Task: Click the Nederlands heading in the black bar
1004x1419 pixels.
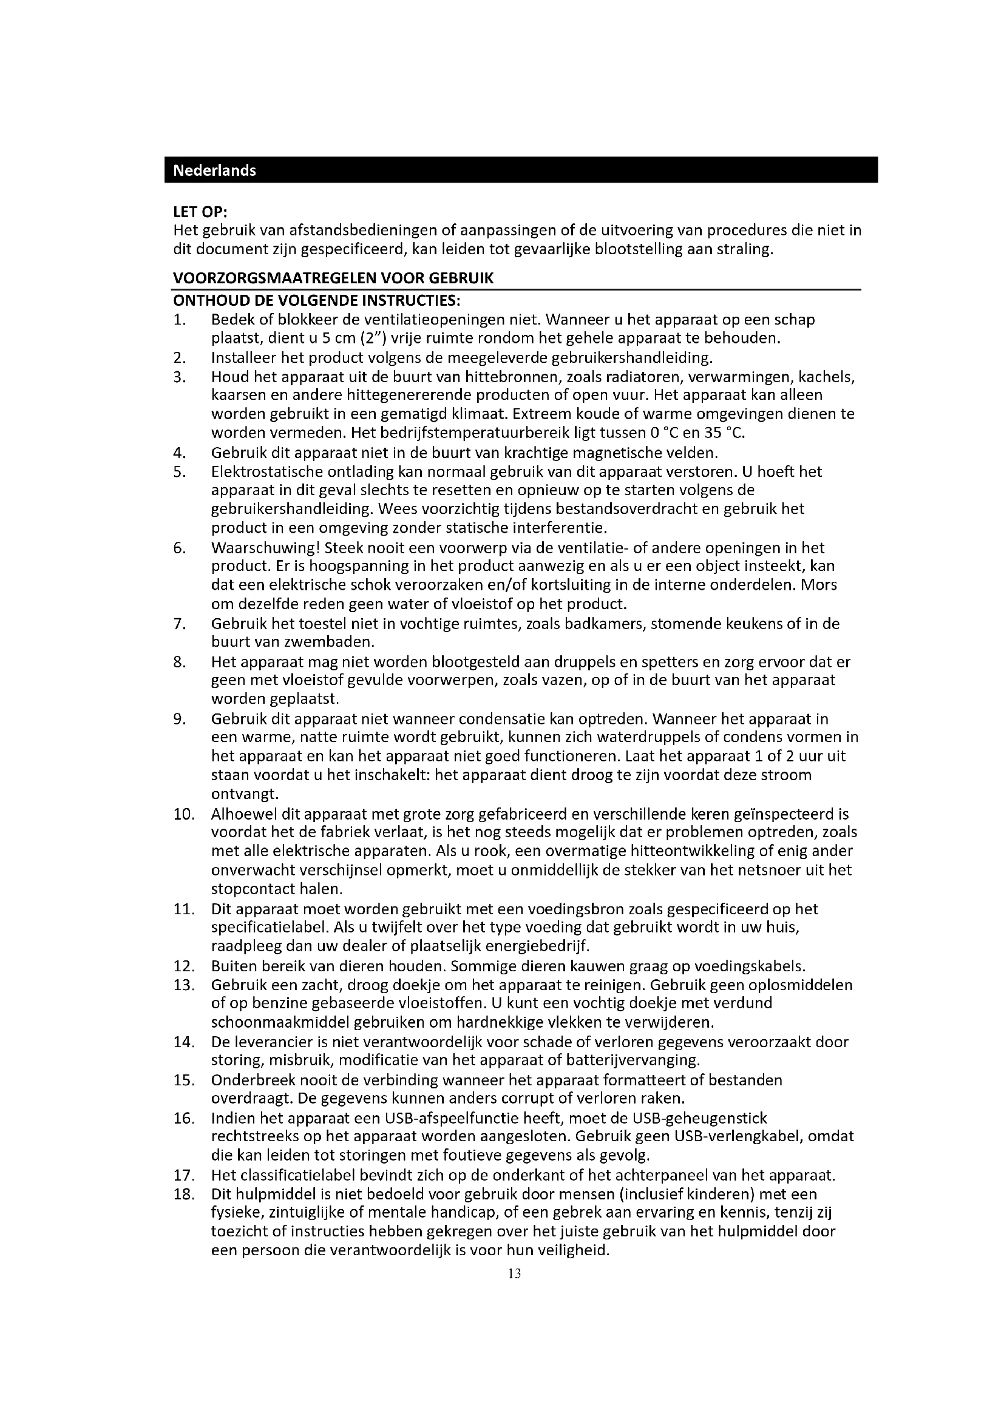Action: (x=214, y=170)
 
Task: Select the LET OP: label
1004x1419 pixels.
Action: (x=200, y=212)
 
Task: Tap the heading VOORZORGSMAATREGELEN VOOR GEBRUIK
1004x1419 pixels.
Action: (x=333, y=278)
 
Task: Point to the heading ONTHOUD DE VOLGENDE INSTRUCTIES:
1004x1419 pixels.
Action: (x=316, y=301)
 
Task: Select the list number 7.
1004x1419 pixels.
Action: (x=179, y=624)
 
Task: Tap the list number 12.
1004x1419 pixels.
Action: (x=183, y=966)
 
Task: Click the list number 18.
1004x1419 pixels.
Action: (x=183, y=1193)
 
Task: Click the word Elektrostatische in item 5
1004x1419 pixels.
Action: (x=260, y=472)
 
